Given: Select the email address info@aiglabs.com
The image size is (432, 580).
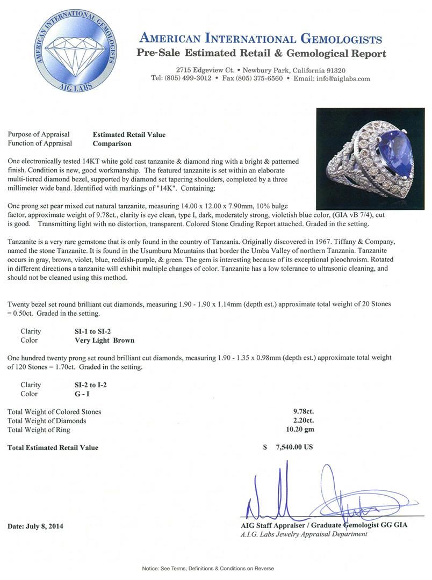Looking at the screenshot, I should pyautogui.click(x=344, y=78).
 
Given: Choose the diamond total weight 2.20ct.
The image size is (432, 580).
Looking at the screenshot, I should pyautogui.click(x=302, y=421).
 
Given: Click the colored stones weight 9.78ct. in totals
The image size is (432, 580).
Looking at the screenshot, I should pyautogui.click(x=302, y=412).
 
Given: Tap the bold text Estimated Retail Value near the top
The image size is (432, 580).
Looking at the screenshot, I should pyautogui.click(x=129, y=135).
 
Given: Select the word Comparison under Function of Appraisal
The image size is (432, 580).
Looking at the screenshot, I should pyautogui.click(x=112, y=143).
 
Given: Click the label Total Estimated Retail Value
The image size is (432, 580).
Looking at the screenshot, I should pyautogui.click(x=53, y=447).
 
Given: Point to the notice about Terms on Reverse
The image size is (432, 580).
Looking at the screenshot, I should pyautogui.click(x=208, y=568).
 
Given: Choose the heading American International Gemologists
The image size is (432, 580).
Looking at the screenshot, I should pyautogui.click(x=261, y=39).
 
